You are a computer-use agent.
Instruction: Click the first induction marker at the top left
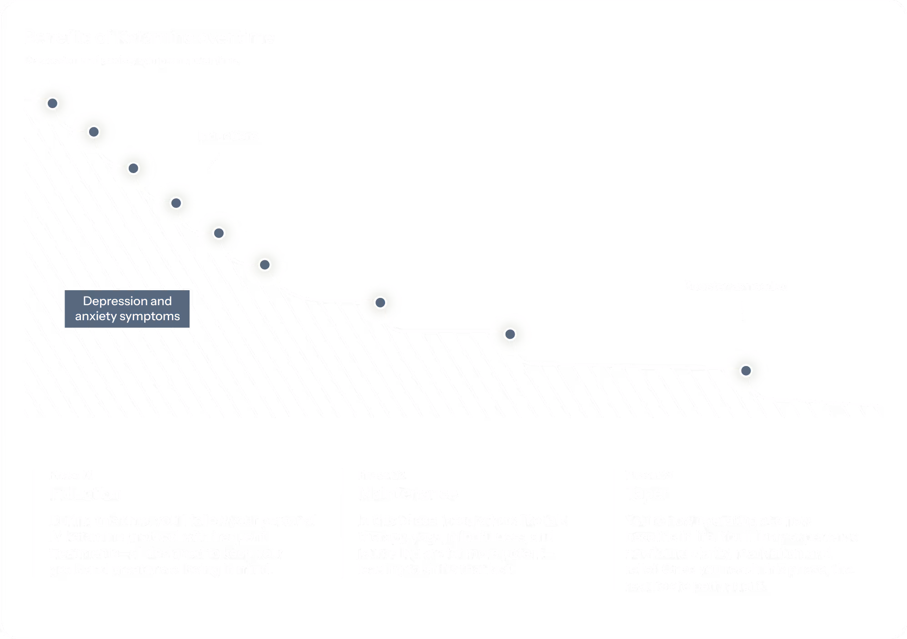(52, 104)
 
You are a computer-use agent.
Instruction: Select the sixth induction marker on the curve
(265, 265)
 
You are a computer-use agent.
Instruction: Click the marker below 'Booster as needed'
(746, 371)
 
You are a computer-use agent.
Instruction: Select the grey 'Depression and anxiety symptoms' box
(127, 309)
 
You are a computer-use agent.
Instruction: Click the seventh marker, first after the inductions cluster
(381, 302)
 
